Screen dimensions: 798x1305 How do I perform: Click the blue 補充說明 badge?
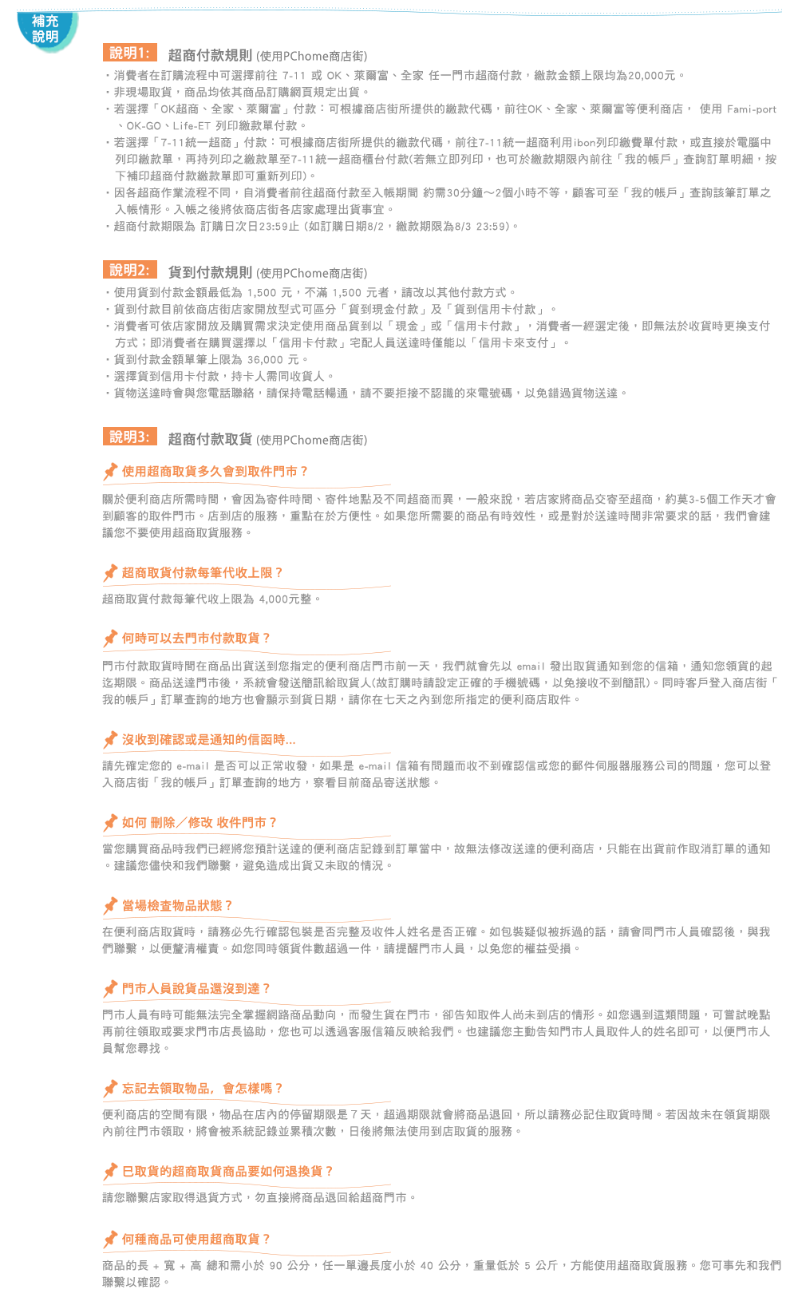click(47, 30)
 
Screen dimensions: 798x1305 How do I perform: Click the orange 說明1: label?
click(130, 53)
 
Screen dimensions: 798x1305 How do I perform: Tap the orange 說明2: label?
click(130, 270)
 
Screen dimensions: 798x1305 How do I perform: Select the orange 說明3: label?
click(130, 437)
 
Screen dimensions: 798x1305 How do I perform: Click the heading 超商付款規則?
click(210, 55)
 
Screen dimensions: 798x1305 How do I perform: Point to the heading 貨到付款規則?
click(210, 272)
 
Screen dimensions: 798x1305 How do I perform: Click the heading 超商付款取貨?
click(210, 439)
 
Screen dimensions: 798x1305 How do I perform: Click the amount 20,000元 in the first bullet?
click(652, 75)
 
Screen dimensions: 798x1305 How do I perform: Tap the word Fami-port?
click(752, 109)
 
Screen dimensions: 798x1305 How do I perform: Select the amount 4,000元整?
click(285, 599)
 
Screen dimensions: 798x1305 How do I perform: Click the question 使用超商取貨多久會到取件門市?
click(215, 471)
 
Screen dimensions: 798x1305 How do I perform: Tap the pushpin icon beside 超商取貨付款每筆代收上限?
click(110, 573)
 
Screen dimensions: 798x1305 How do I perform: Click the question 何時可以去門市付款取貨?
click(196, 638)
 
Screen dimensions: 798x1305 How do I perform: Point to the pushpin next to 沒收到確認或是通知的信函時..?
click(110, 740)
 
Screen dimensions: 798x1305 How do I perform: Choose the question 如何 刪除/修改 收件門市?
click(199, 822)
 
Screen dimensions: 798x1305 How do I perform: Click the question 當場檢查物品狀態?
click(177, 905)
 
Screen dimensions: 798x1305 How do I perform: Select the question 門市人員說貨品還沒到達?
click(196, 988)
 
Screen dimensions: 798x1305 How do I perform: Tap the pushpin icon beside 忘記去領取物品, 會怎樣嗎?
click(110, 1088)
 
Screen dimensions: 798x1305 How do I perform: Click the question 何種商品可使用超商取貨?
click(196, 1240)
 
